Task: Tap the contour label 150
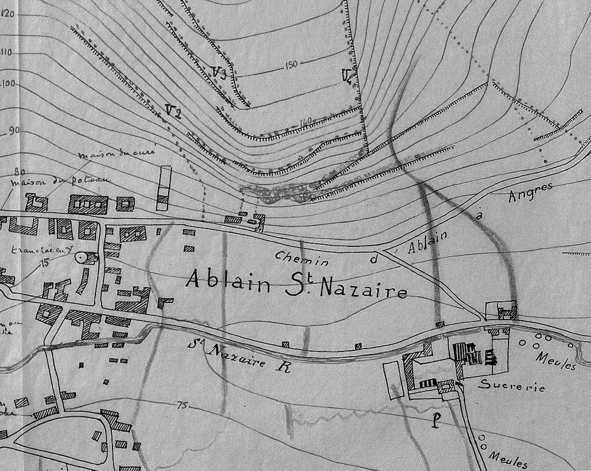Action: coord(289,65)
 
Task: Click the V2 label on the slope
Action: coord(173,111)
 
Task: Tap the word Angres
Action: coord(531,192)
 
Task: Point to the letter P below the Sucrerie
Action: coord(436,421)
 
